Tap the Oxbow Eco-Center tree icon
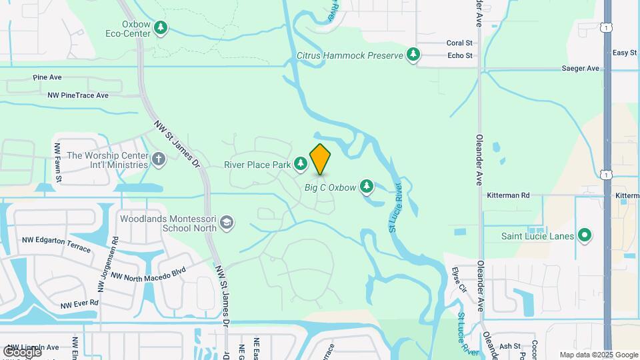pyautogui.click(x=160, y=28)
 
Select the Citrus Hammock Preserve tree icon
pyautogui.click(x=413, y=54)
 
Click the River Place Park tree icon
pyautogui.click(x=301, y=163)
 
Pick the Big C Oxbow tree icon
pyautogui.click(x=366, y=187)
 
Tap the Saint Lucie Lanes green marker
pyautogui.click(x=585, y=235)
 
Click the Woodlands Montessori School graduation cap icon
pyautogui.click(x=227, y=222)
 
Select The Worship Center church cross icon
pyautogui.click(x=158, y=159)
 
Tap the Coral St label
pyautogui.click(x=459, y=43)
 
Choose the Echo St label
pyautogui.click(x=459, y=56)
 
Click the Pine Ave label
pyautogui.click(x=47, y=77)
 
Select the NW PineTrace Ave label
pyautogui.click(x=77, y=95)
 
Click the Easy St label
pyautogui.click(x=624, y=53)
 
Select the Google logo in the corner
pyautogui.click(x=22, y=351)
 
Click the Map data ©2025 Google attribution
pyautogui.click(x=599, y=355)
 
